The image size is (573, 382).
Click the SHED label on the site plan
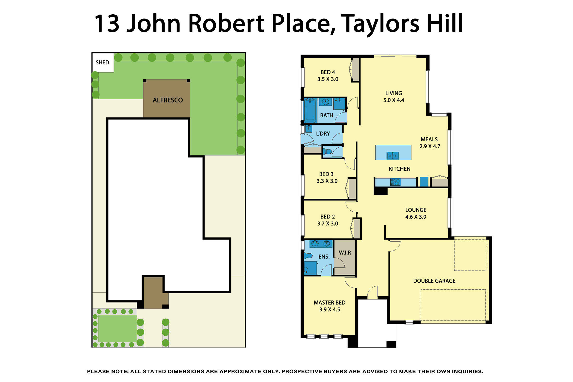[x=102, y=62]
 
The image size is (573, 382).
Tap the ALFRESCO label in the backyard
[x=167, y=100]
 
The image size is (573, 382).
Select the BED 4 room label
[x=328, y=72]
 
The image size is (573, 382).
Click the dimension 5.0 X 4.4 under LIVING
[x=394, y=100]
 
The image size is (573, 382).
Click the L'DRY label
[x=323, y=134]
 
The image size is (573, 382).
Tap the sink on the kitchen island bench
[x=393, y=155]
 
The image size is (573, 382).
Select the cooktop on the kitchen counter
[x=395, y=182]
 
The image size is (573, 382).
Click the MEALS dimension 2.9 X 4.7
[x=429, y=146]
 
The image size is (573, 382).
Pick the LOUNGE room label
[x=416, y=210]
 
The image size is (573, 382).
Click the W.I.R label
[x=345, y=253]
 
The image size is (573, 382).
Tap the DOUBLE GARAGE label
[x=434, y=281]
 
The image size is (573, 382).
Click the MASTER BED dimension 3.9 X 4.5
[x=329, y=310]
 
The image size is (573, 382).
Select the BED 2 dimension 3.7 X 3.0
[x=327, y=224]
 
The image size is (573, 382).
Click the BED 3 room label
[x=326, y=174]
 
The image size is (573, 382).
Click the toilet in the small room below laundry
[x=328, y=152]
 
